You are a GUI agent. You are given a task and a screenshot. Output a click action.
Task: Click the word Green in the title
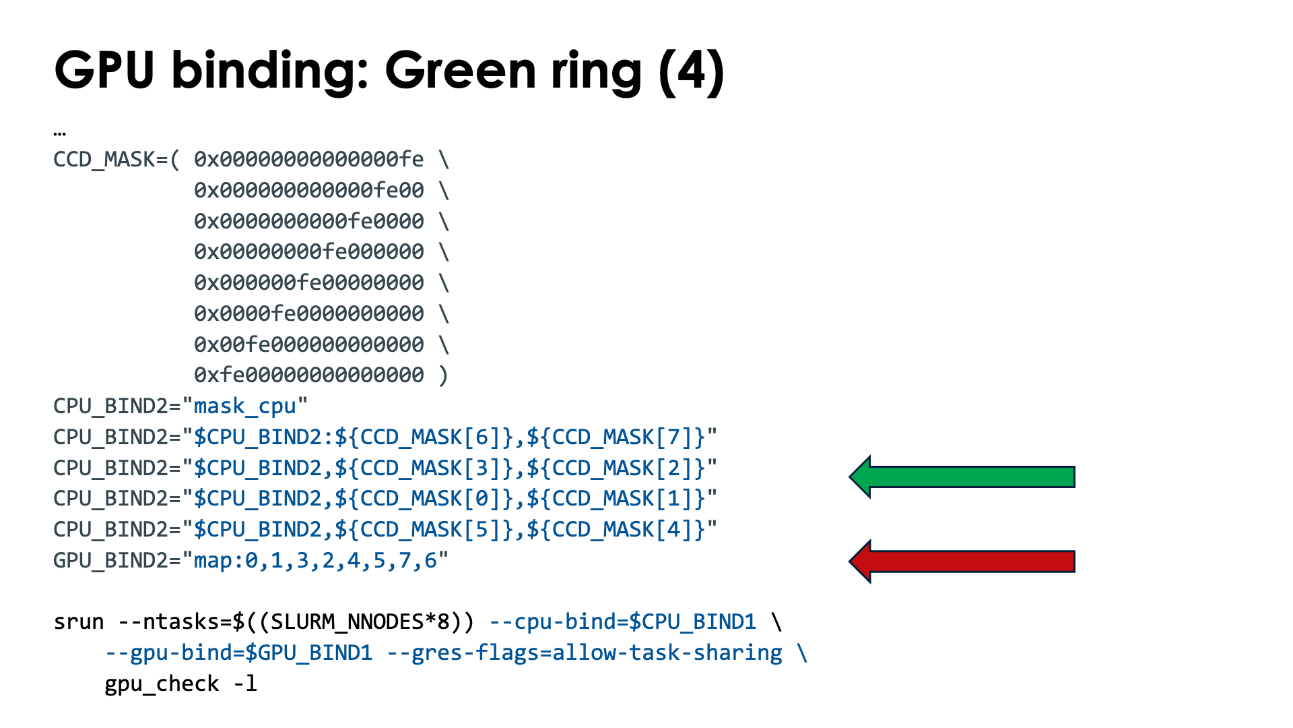[x=461, y=71]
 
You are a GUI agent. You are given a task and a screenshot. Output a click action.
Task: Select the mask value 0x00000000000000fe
[x=309, y=160]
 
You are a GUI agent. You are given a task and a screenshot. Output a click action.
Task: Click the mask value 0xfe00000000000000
[x=309, y=375]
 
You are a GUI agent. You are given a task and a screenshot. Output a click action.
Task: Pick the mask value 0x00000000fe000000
[x=309, y=252]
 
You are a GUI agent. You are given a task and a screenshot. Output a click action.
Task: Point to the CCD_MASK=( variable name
[x=116, y=160]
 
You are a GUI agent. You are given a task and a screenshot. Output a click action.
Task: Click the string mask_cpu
[x=245, y=406]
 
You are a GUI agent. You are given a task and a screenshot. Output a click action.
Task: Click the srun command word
[x=79, y=621]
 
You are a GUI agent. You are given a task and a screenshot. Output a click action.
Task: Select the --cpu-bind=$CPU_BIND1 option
[x=622, y=621]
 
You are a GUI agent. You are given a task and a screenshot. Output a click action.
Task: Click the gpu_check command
[x=162, y=684]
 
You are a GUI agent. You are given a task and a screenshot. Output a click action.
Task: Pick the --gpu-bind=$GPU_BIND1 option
[x=238, y=653]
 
